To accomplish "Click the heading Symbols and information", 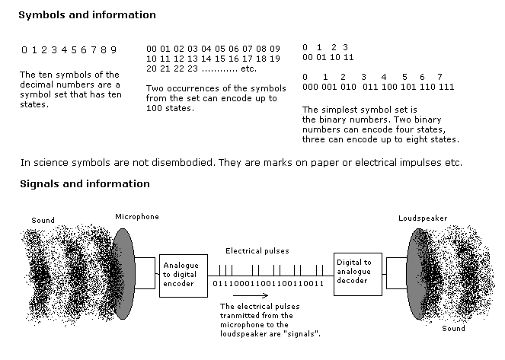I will (x=87, y=15).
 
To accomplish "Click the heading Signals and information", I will (x=84, y=183).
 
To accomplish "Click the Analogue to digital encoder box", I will (x=180, y=276).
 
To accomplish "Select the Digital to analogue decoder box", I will (x=356, y=271).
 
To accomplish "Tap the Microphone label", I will (x=137, y=217).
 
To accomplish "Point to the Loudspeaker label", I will (x=423, y=218).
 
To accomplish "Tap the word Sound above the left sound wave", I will (x=43, y=221).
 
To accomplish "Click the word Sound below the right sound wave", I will (x=453, y=329).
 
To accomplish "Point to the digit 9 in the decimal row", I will (x=113, y=49).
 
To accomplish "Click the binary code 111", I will (x=446, y=88).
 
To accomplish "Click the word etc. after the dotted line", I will (x=248, y=68).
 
